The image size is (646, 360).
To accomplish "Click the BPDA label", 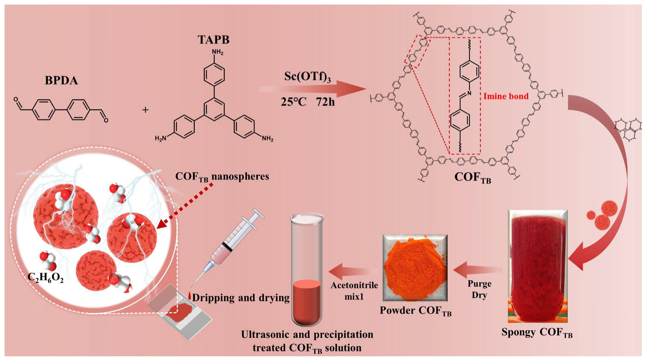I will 61,80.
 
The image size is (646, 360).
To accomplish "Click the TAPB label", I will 213,40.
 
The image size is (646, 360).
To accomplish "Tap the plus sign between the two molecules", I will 145,110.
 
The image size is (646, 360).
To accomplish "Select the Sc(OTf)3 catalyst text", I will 307,77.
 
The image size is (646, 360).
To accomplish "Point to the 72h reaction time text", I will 325,102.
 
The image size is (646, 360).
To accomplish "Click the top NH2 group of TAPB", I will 217,52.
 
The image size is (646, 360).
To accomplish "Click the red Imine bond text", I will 506,96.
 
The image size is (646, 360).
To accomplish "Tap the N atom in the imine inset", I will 469,94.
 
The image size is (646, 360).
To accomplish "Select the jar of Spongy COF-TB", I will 537,266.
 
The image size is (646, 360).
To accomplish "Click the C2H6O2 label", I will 46,278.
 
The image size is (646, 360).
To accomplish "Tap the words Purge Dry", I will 479,289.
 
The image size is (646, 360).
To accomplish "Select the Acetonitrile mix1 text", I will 354,290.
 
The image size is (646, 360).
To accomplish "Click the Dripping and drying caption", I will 241,298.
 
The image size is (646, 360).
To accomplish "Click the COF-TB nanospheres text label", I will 222,177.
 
